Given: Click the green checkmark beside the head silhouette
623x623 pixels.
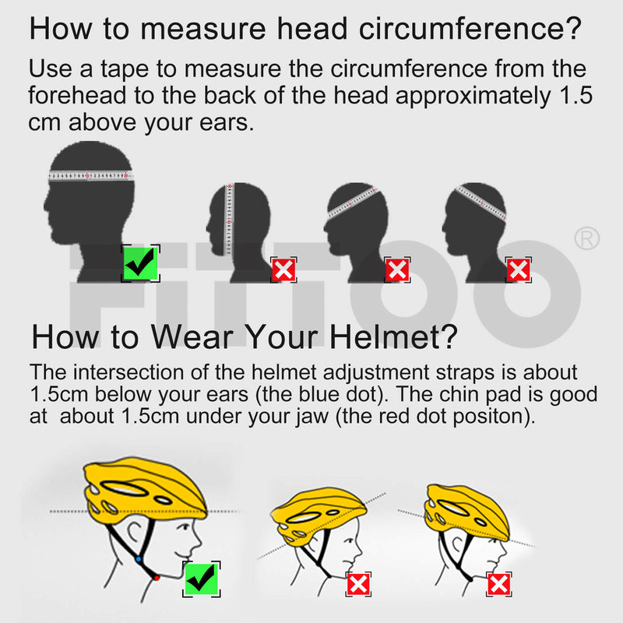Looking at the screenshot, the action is click(140, 263).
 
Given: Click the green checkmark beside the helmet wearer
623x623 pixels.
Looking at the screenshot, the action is click(202, 579).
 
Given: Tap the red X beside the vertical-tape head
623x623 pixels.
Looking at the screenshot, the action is click(283, 269).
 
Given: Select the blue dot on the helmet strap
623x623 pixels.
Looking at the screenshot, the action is click(139, 559).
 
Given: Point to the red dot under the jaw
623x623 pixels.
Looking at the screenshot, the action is click(157, 578).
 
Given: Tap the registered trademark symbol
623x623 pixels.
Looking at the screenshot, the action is click(587, 238).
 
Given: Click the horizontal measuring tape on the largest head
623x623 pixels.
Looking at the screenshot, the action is click(91, 175).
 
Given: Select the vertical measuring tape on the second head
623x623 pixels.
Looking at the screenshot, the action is click(229, 219).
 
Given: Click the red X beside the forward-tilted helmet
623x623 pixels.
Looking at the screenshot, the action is click(358, 584).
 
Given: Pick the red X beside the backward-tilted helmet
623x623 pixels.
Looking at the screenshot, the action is click(498, 584).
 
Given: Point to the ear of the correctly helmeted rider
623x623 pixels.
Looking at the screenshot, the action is click(135, 533).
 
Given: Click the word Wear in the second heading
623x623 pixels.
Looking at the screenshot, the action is click(192, 337).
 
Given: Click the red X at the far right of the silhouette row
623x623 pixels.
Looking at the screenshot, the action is click(518, 269).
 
